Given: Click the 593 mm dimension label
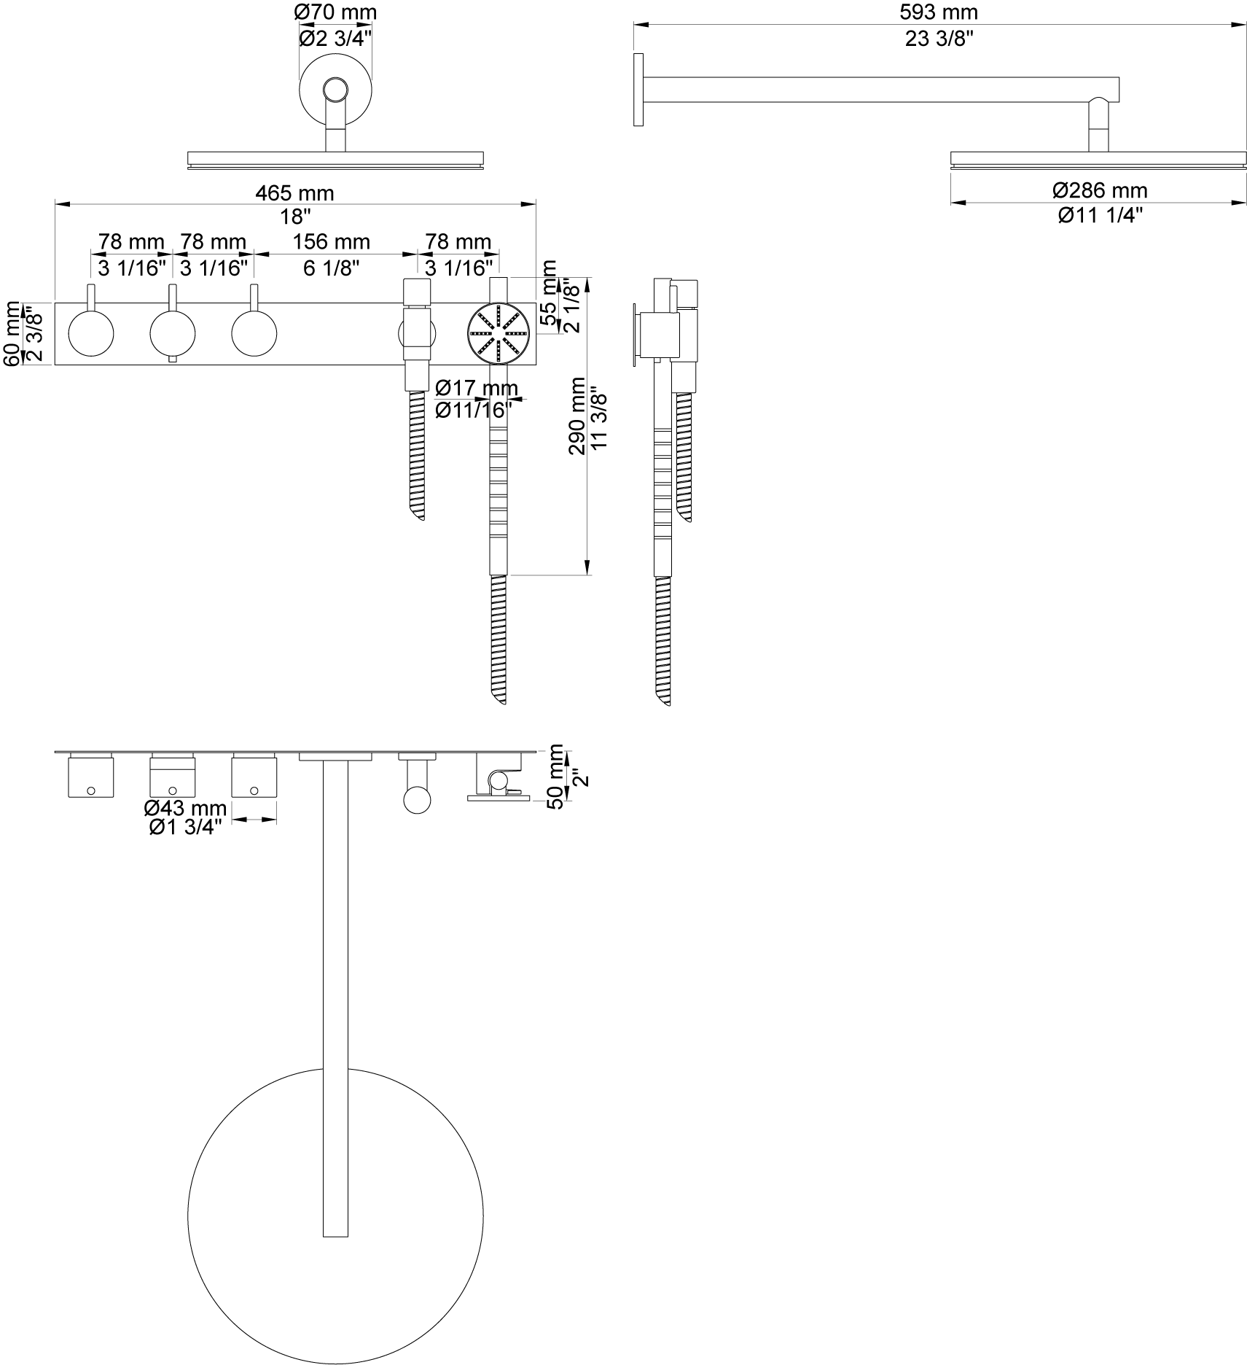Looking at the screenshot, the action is coord(938,12).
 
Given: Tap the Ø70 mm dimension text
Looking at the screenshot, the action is coord(335,12).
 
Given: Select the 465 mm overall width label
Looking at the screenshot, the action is coord(294,193).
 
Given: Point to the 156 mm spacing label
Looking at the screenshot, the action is coord(332,241).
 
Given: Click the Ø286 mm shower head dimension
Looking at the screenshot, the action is coord(1101,190).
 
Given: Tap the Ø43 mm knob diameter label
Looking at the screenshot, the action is coord(185,808).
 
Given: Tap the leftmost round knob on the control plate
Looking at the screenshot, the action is coord(91,333).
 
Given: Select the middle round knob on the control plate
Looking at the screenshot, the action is coord(173,333).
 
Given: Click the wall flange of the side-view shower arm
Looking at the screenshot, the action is coord(638,90).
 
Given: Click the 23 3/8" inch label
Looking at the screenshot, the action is coord(938,39).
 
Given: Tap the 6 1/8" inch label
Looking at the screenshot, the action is coord(332,268).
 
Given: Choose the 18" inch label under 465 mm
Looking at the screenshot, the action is coord(294,217).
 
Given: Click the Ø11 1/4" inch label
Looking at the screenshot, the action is coord(1101,215).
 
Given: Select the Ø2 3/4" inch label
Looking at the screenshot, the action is coord(335,37).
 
